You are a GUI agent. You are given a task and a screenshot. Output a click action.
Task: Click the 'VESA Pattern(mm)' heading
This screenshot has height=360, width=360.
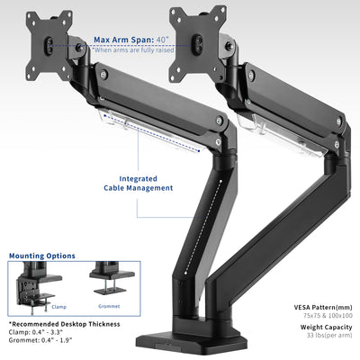[x=322, y=307]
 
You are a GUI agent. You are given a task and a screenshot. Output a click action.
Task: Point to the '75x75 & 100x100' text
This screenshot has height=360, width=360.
[x=327, y=316]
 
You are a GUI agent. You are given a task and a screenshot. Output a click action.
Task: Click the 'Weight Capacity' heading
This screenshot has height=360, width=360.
[x=323, y=328]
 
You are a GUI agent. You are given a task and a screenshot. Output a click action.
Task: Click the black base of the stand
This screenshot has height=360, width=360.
[x=180, y=346]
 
